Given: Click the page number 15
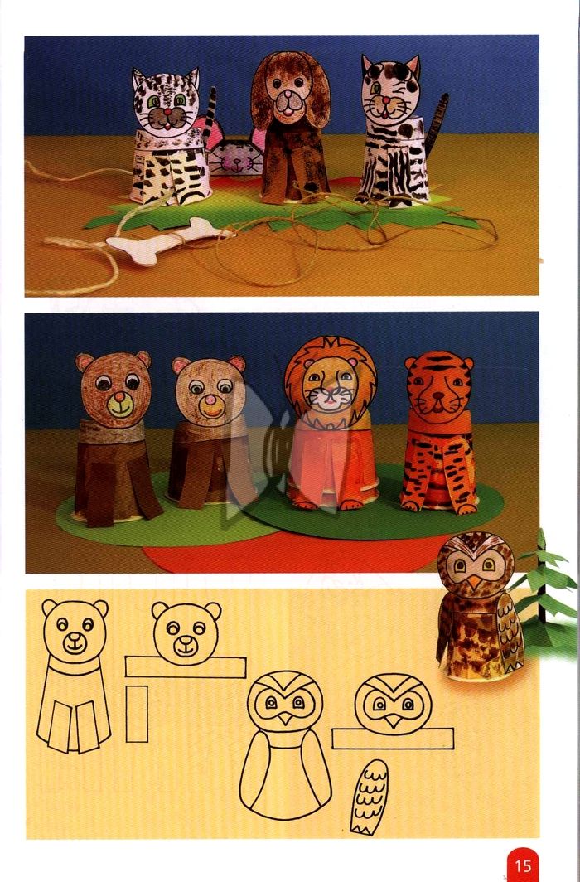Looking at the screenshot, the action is pyautogui.click(x=523, y=865).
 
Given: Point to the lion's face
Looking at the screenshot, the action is pyautogui.click(x=330, y=388).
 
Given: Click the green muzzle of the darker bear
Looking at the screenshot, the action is pyautogui.click(x=119, y=405).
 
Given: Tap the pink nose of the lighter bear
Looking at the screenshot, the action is pyautogui.click(x=210, y=400).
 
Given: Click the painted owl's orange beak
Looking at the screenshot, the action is pyautogui.click(x=475, y=582).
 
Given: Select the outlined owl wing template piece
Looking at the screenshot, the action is pyautogui.click(x=370, y=797).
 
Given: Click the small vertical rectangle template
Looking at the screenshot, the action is pyautogui.click(x=137, y=714).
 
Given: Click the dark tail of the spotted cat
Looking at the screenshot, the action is pyautogui.click(x=437, y=124).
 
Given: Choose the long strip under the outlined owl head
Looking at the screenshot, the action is pyautogui.click(x=393, y=739).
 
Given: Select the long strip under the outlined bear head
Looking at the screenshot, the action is pyautogui.click(x=186, y=667).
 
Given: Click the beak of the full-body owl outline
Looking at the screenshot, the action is pyautogui.click(x=285, y=717).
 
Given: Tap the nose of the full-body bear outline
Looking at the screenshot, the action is pyautogui.click(x=75, y=638).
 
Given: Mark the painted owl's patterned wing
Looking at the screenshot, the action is pyautogui.click(x=510, y=632).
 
